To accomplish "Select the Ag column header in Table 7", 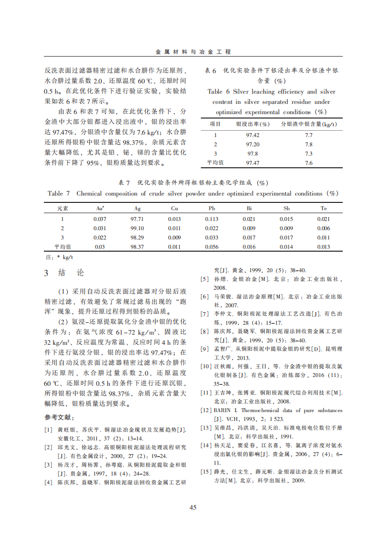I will click(137, 208).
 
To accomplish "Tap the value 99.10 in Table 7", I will click(137, 228).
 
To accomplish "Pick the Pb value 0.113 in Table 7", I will click(212, 219).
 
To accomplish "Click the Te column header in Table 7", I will click(323, 208).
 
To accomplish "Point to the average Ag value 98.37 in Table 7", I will click(137, 247).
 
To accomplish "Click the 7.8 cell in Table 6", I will click(309, 144).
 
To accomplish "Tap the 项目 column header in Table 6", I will click(215, 124).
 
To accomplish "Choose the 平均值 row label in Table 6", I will click(215, 163).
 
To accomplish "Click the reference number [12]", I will click(205, 411).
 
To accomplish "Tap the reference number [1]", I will click(48, 429).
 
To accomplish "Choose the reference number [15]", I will click(205, 472).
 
